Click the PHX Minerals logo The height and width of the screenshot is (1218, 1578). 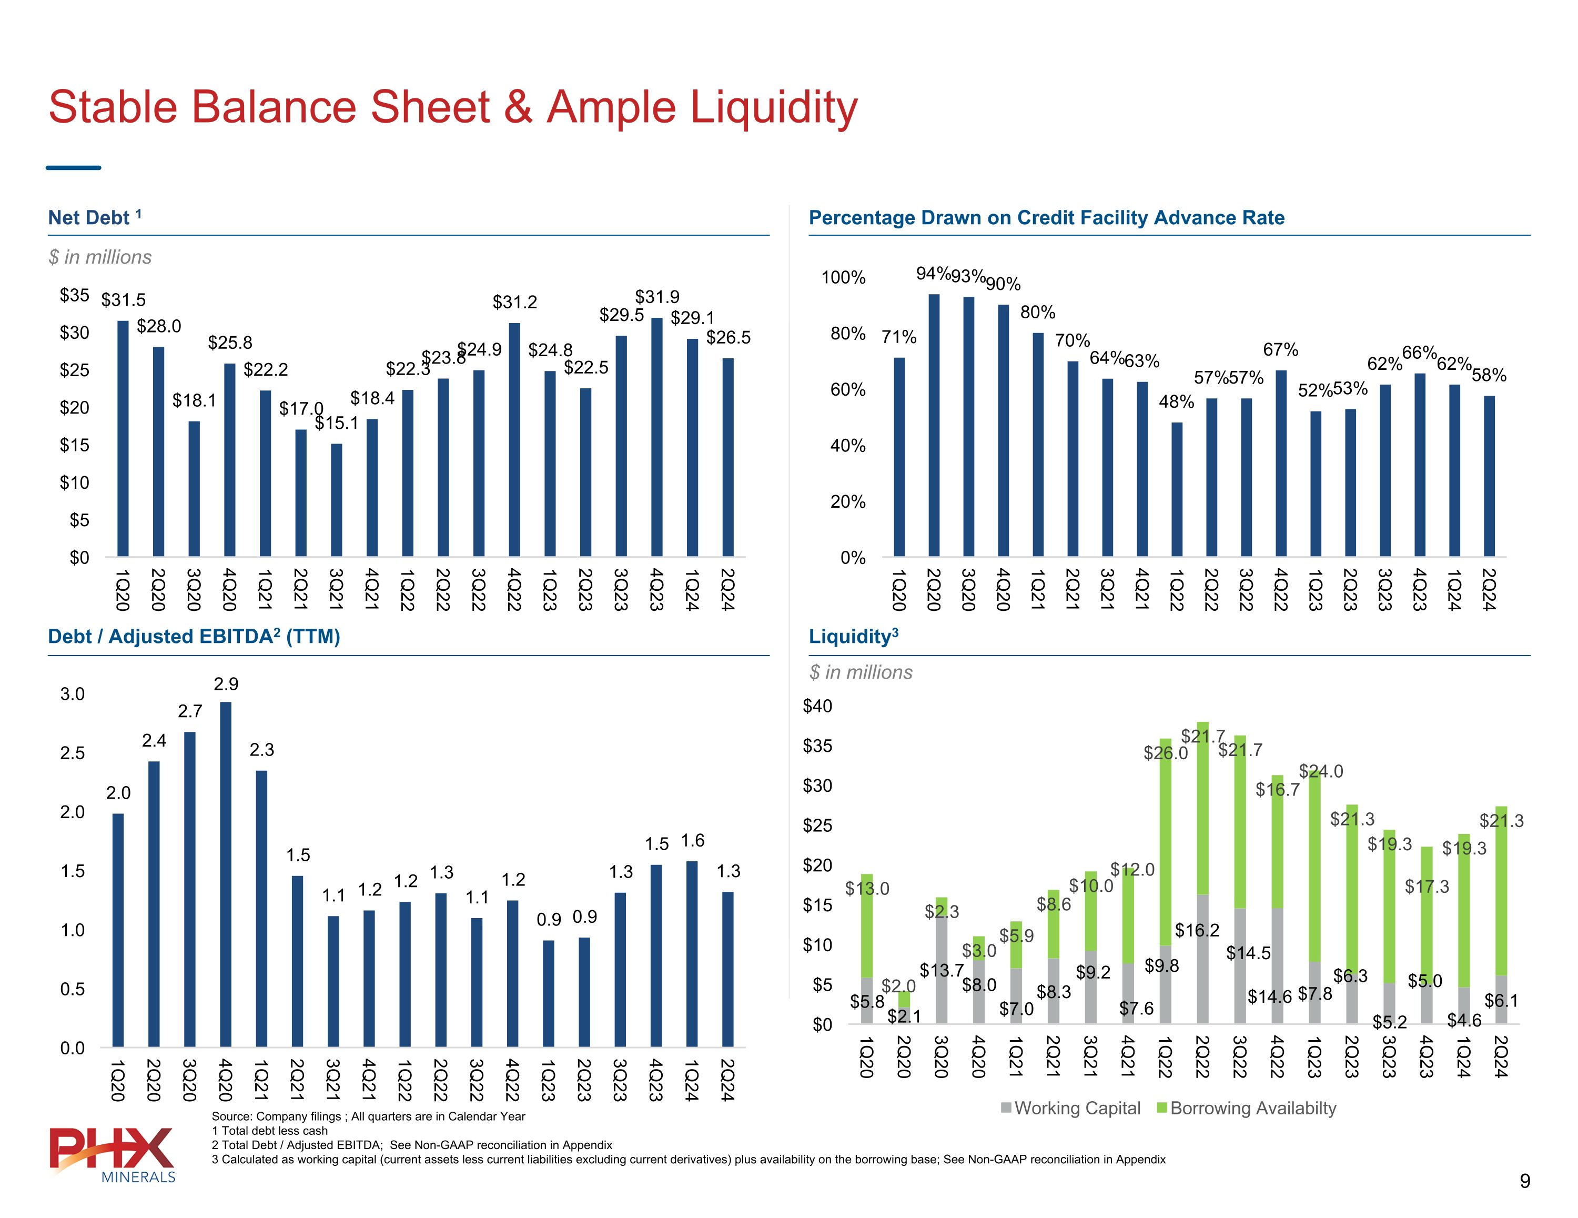(x=112, y=1154)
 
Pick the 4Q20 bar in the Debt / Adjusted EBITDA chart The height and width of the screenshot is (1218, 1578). (x=226, y=874)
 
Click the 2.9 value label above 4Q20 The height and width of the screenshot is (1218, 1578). (x=226, y=684)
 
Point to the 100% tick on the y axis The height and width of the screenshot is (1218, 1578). (x=843, y=278)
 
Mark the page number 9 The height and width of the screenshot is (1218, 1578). (x=1524, y=1181)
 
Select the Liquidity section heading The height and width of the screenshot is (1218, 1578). (x=853, y=636)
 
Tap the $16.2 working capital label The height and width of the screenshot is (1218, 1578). (x=1197, y=930)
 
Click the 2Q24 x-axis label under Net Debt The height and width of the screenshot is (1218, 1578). (x=727, y=589)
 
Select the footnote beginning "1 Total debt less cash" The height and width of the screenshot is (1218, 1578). (x=269, y=1131)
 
